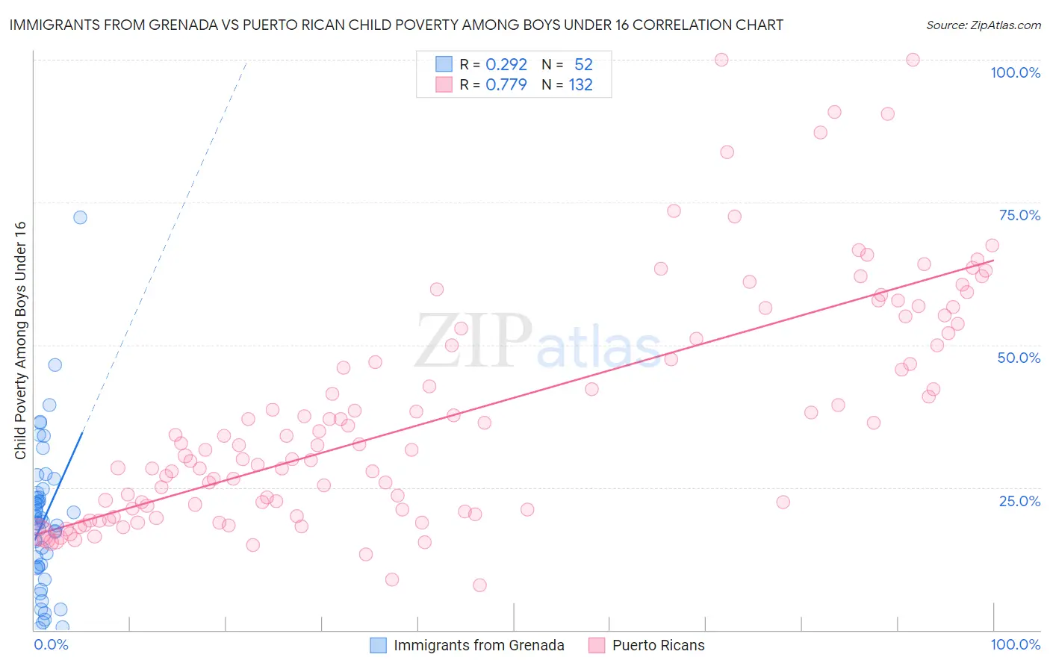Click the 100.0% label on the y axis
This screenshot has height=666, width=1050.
[1015, 72]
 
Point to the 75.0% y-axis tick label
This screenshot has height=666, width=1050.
[1019, 215]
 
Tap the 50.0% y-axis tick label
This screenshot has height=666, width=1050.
[1019, 358]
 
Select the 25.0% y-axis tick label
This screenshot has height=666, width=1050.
[1019, 500]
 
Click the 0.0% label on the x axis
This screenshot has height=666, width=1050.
[51, 644]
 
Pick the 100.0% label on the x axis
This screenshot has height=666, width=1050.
[1015, 644]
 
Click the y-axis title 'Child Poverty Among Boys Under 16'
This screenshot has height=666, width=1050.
[20, 340]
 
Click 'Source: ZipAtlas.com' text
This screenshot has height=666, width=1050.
[983, 25]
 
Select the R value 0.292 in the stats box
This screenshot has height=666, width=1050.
[506, 64]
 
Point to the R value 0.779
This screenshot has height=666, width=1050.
[506, 84]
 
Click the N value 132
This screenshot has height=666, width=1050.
[580, 84]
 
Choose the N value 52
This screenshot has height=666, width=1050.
[583, 64]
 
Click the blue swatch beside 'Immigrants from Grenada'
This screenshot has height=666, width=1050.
[379, 645]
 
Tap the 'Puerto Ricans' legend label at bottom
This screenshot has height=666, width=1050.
[658, 645]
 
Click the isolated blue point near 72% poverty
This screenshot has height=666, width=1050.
[80, 217]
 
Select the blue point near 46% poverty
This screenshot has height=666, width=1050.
[55, 365]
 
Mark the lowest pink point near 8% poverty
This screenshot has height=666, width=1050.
[479, 585]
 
